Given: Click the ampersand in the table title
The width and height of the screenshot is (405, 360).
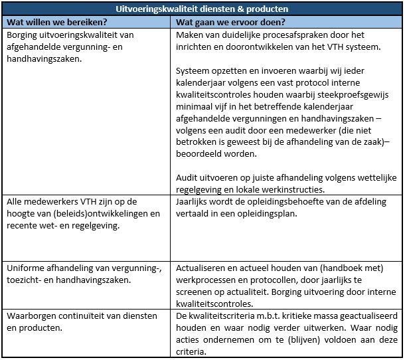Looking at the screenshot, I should pos(235,9).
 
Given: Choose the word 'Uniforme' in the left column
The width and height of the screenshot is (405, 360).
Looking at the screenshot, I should pos(27,269).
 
